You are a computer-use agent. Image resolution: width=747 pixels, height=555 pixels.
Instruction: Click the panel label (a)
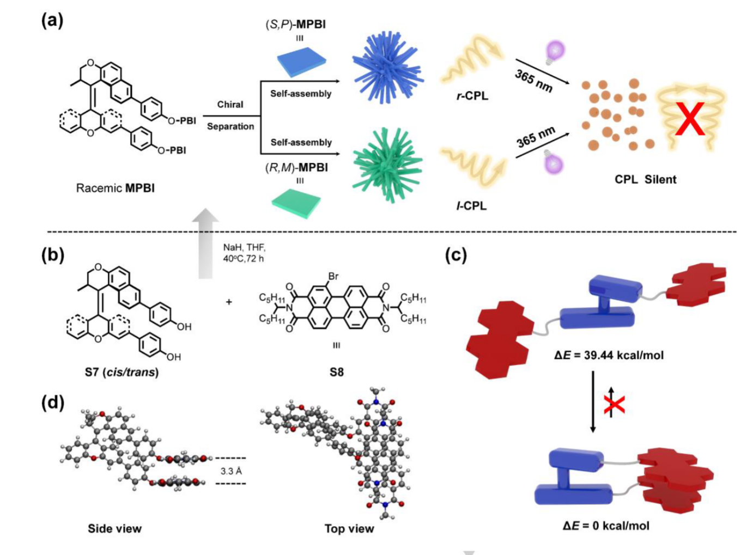(52, 21)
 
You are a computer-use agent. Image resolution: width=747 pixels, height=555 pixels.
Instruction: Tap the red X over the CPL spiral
(690, 118)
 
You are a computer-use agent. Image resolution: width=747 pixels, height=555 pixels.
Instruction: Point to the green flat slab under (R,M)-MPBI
(296, 204)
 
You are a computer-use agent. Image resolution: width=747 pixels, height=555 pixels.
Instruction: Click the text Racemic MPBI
(116, 188)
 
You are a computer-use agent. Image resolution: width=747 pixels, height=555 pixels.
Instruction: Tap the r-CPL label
(472, 96)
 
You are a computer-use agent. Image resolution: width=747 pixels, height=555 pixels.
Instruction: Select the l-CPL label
(471, 206)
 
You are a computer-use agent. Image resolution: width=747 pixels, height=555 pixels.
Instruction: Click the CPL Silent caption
(645, 180)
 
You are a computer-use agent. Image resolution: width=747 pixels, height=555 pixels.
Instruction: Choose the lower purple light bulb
(553, 162)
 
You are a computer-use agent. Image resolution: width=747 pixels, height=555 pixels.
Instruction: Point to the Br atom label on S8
(333, 276)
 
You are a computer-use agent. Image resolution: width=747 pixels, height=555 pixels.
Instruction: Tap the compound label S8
(336, 373)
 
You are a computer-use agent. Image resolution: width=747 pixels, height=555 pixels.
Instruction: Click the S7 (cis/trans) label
(122, 373)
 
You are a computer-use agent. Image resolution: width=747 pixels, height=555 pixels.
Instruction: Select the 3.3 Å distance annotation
(231, 471)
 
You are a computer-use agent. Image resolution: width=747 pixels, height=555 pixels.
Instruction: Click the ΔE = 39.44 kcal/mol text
(609, 356)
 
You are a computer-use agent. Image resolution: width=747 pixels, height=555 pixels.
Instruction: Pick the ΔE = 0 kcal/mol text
(606, 526)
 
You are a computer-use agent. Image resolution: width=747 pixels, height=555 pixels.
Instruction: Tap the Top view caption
(349, 528)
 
